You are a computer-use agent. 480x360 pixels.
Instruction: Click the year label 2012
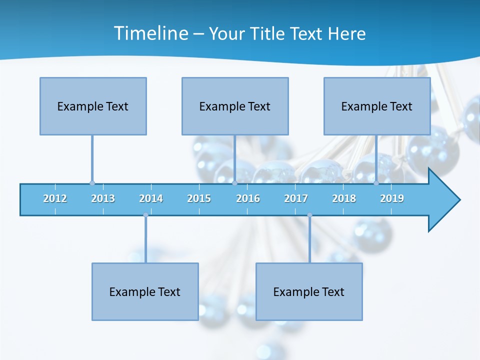[x=55, y=198]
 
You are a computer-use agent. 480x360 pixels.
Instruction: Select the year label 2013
[x=103, y=198]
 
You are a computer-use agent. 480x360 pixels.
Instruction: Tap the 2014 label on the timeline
[x=151, y=198]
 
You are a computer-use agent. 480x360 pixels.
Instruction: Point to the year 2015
[x=199, y=198]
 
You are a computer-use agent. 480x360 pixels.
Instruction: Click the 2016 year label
[x=248, y=198]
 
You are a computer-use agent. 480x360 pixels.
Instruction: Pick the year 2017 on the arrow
[x=296, y=198]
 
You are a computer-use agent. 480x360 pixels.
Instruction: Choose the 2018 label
[x=344, y=198]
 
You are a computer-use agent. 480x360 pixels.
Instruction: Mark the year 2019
[x=392, y=198]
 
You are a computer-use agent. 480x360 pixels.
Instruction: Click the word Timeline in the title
[x=150, y=33]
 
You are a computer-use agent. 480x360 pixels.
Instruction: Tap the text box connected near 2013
[x=93, y=106]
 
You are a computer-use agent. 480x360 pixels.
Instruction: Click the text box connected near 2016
[x=235, y=106]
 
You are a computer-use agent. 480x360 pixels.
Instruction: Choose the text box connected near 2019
[x=377, y=106]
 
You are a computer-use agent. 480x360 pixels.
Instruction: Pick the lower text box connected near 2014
[x=145, y=291]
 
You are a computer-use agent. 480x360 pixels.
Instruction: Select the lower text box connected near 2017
[x=309, y=291]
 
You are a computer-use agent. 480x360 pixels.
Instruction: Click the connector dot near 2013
[x=92, y=183]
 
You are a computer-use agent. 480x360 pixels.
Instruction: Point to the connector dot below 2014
[x=145, y=215]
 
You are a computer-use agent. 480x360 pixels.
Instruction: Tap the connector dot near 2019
[x=376, y=183]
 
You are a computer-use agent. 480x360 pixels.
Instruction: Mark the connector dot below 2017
[x=309, y=215]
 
